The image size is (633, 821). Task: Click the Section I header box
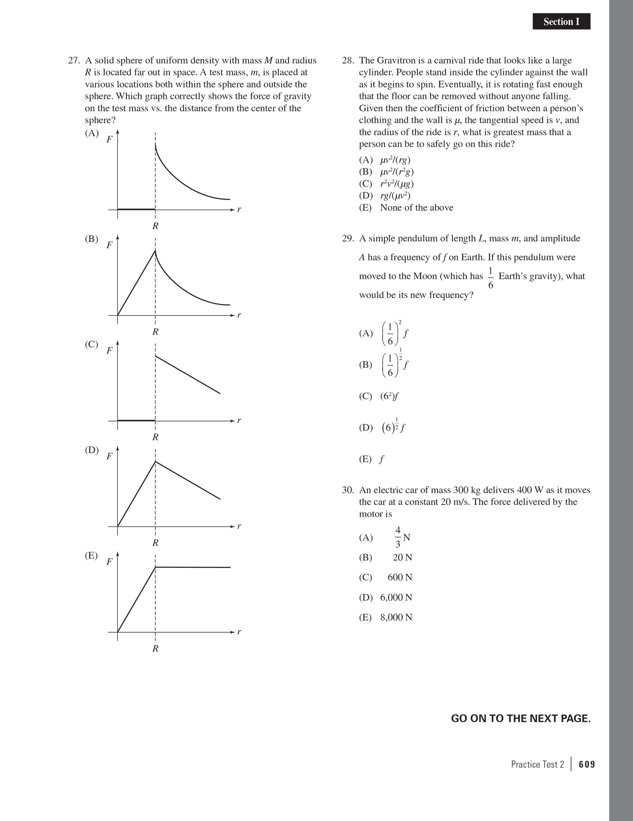point(561,22)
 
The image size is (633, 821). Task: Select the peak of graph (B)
point(155,251)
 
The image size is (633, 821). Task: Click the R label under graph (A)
point(155,226)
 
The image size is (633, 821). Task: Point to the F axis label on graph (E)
point(109,562)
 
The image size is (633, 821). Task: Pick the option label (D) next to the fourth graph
point(92,450)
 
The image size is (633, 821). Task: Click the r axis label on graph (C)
point(239,420)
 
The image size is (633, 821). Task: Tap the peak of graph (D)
point(155,462)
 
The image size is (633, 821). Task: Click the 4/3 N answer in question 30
point(402,538)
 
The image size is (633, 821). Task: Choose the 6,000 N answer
point(396,598)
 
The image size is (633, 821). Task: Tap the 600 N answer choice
point(400,577)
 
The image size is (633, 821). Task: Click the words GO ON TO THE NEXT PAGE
point(520,719)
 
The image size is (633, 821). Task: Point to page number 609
point(587,765)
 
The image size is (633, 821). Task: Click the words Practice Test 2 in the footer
point(537,765)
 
